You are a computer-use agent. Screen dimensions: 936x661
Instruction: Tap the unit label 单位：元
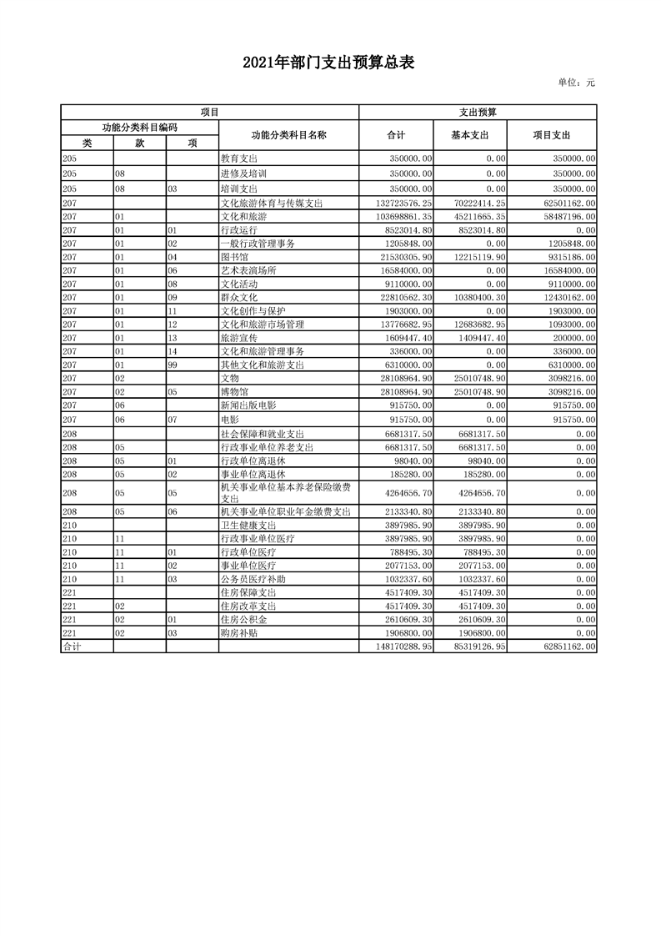pos(576,83)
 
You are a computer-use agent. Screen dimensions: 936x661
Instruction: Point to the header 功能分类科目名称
pos(288,134)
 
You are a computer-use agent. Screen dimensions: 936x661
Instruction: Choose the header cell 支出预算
pos(477,111)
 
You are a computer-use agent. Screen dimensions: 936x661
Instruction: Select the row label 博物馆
pos(233,391)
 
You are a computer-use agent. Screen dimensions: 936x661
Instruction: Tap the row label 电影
pos(228,419)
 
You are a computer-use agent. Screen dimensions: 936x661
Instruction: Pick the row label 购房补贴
pos(238,633)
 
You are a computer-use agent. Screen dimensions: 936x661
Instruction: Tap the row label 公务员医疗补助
pos(253,579)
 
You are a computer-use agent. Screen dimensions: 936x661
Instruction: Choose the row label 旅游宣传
pos(238,338)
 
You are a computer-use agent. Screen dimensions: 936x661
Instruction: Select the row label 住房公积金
pos(243,620)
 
